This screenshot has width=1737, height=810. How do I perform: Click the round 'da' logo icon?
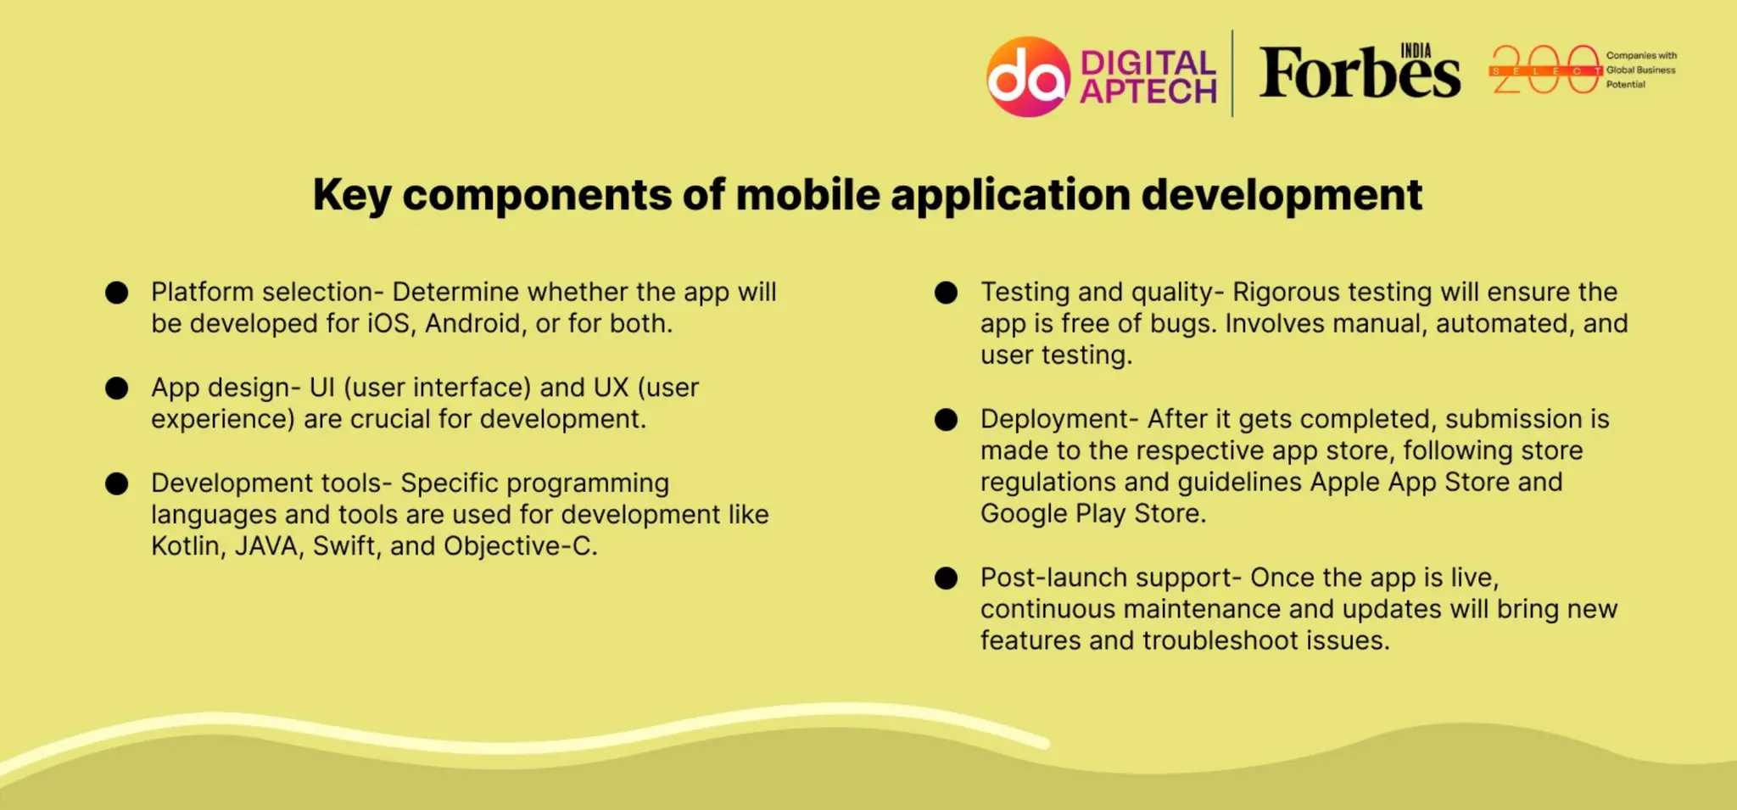[1028, 76]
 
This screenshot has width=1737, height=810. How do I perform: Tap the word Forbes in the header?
[1359, 75]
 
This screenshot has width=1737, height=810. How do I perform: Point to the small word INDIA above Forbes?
[1416, 51]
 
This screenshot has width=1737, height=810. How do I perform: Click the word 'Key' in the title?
[351, 196]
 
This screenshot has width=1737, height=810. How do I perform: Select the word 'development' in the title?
[1281, 196]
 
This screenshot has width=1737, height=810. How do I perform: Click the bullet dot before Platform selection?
[116, 293]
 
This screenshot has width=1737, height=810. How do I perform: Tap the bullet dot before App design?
[116, 388]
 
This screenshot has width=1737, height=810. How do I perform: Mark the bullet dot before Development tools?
[116, 483]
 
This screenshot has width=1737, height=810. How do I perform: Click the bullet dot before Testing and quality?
[946, 293]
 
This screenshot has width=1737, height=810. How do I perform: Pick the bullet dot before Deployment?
[946, 420]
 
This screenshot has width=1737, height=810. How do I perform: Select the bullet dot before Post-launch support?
[946, 578]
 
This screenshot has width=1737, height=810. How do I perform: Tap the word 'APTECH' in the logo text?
[1148, 92]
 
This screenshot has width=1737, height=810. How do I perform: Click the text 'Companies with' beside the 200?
[1641, 56]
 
